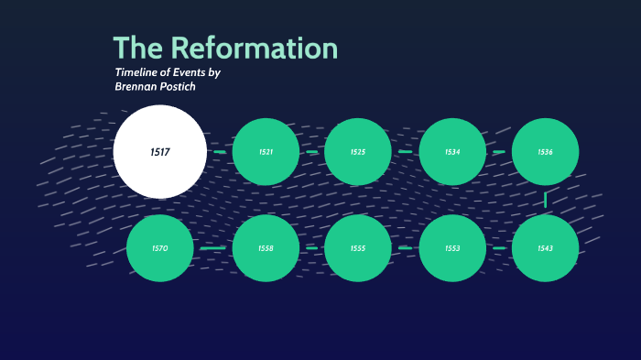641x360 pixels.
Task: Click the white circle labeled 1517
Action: pyautogui.click(x=160, y=151)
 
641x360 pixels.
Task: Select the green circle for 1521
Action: pyautogui.click(x=266, y=151)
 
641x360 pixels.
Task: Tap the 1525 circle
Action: pyautogui.click(x=358, y=151)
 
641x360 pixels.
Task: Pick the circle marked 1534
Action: pyautogui.click(x=452, y=151)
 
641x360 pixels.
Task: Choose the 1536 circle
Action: pyautogui.click(x=545, y=151)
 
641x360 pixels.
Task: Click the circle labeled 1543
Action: pyautogui.click(x=545, y=248)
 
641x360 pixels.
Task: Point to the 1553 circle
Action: pyautogui.click(x=452, y=248)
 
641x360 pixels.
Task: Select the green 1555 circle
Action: pyautogui.click(x=358, y=248)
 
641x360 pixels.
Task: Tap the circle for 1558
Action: pyautogui.click(x=266, y=248)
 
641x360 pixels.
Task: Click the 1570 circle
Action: pyautogui.click(x=160, y=248)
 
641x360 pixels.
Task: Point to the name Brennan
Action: pyautogui.click(x=138, y=87)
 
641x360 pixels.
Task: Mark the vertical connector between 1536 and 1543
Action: pyautogui.click(x=545, y=199)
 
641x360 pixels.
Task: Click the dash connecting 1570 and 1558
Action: pyautogui.click(x=212, y=248)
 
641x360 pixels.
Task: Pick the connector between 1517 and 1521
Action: pyautogui.click(x=220, y=151)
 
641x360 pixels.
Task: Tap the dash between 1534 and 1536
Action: pyautogui.click(x=499, y=151)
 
